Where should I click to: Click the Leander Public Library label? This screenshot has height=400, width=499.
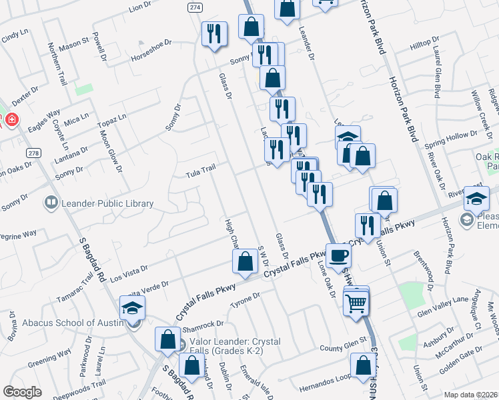click(107, 203)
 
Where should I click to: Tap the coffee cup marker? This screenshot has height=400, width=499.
click(338, 255)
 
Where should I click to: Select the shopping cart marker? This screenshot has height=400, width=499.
click(357, 303)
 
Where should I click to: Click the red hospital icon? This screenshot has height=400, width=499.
click(11, 120)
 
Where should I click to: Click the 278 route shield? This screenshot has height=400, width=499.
click(34, 152)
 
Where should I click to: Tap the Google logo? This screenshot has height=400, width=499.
click(21, 392)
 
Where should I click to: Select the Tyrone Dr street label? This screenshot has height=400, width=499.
click(244, 299)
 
